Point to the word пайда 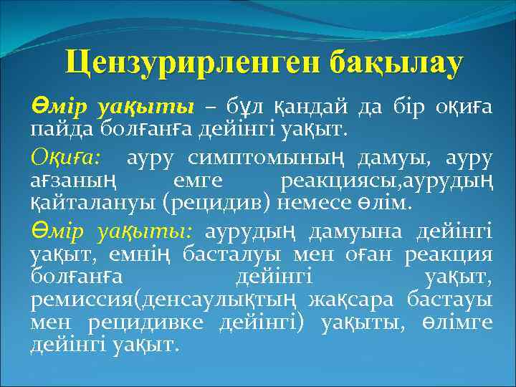57,131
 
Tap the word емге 196,180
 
